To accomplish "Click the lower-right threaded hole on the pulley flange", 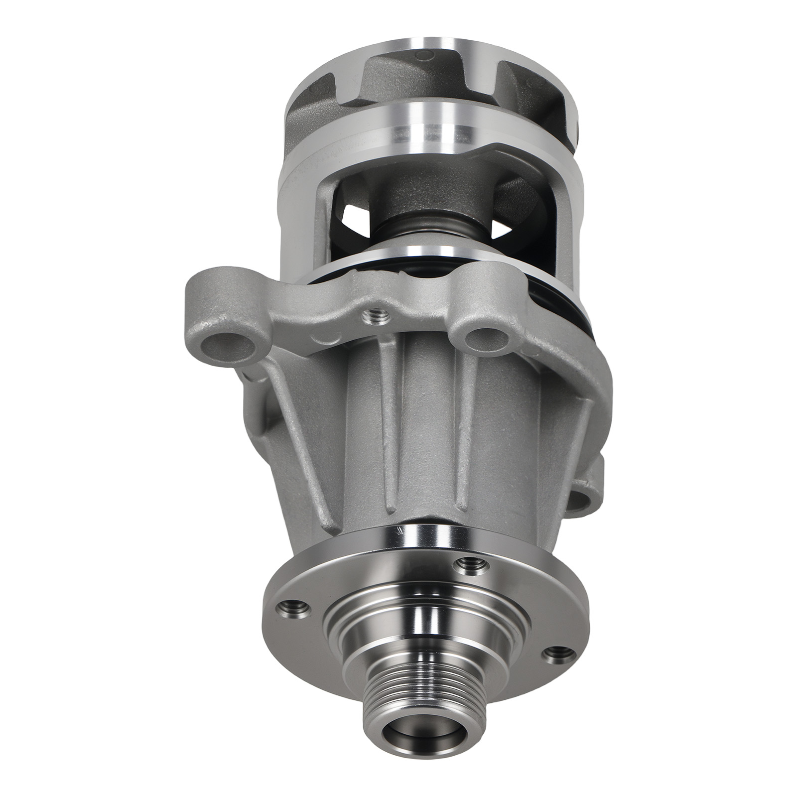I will (x=556, y=653).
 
